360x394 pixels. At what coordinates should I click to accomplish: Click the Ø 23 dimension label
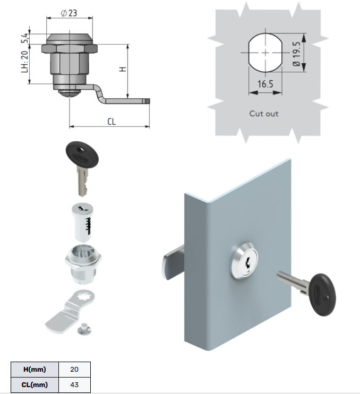(x=69, y=13)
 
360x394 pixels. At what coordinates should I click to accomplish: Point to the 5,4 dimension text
(x=24, y=38)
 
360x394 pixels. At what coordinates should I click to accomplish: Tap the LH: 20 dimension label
(x=24, y=62)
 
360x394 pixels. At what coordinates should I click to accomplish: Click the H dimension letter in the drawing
(x=122, y=69)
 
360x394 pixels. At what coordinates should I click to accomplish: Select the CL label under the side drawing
(x=112, y=122)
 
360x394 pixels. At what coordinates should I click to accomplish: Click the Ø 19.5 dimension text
(x=296, y=54)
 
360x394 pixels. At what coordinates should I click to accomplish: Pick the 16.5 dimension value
(x=265, y=84)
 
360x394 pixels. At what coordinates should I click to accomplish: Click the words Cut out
(x=264, y=114)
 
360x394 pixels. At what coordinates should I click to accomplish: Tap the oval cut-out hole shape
(x=265, y=53)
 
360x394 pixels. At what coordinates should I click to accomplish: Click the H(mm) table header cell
(x=35, y=370)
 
